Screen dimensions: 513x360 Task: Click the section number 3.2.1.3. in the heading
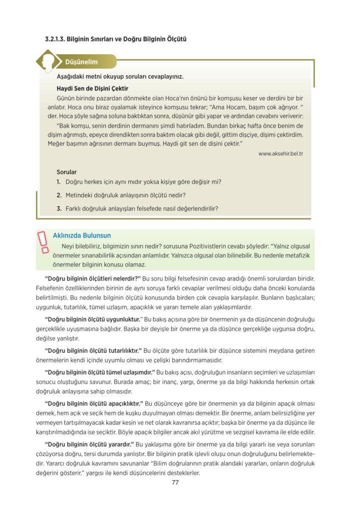(54, 39)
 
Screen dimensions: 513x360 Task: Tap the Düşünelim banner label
(81, 62)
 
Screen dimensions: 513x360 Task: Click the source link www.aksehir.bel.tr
(281, 153)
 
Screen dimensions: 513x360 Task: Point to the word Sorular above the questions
(67, 172)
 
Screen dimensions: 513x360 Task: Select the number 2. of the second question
(59, 195)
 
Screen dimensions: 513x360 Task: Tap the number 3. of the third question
(59, 208)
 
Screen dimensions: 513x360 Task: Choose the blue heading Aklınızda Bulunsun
(82, 235)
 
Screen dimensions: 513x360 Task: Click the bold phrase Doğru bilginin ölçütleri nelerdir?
(93, 278)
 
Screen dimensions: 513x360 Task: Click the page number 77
(175, 483)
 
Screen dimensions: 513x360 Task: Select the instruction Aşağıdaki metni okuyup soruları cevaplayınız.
(120, 77)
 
